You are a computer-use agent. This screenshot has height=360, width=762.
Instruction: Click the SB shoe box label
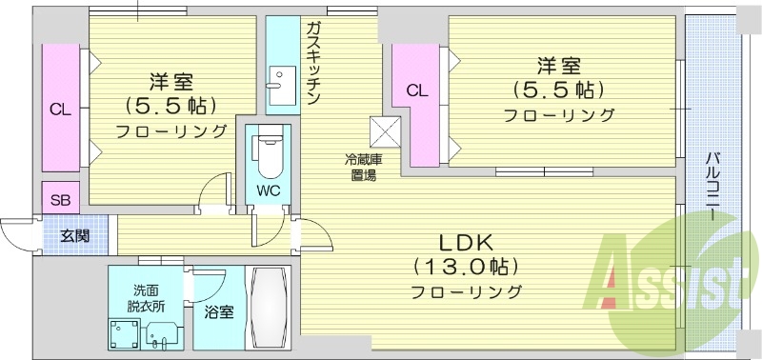coord(60,200)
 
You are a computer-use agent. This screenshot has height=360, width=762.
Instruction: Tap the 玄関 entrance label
coord(75,235)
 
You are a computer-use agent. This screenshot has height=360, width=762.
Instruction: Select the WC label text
coord(268,190)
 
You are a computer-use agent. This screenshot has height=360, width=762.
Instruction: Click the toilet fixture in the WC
coord(268,155)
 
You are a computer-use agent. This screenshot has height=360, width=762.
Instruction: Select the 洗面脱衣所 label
coord(147,298)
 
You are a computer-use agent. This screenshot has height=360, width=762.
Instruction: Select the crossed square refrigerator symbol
coord(387,130)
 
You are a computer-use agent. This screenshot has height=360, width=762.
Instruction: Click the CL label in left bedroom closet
coord(60,110)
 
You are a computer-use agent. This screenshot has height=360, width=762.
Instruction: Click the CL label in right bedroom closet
coord(415,91)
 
